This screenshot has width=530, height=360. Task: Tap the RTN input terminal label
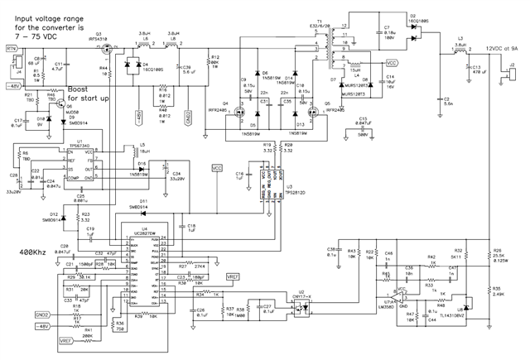point(12,50)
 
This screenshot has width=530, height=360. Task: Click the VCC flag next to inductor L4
point(392,62)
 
